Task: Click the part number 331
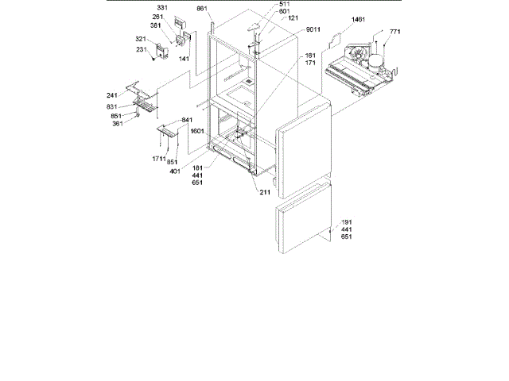point(162,8)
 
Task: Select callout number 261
point(158,17)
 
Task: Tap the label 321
point(141,39)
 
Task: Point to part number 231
point(141,49)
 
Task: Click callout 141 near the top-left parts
point(184,59)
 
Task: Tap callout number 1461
point(356,19)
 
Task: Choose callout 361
point(118,123)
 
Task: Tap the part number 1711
point(159,159)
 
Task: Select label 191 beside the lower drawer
point(346,222)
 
